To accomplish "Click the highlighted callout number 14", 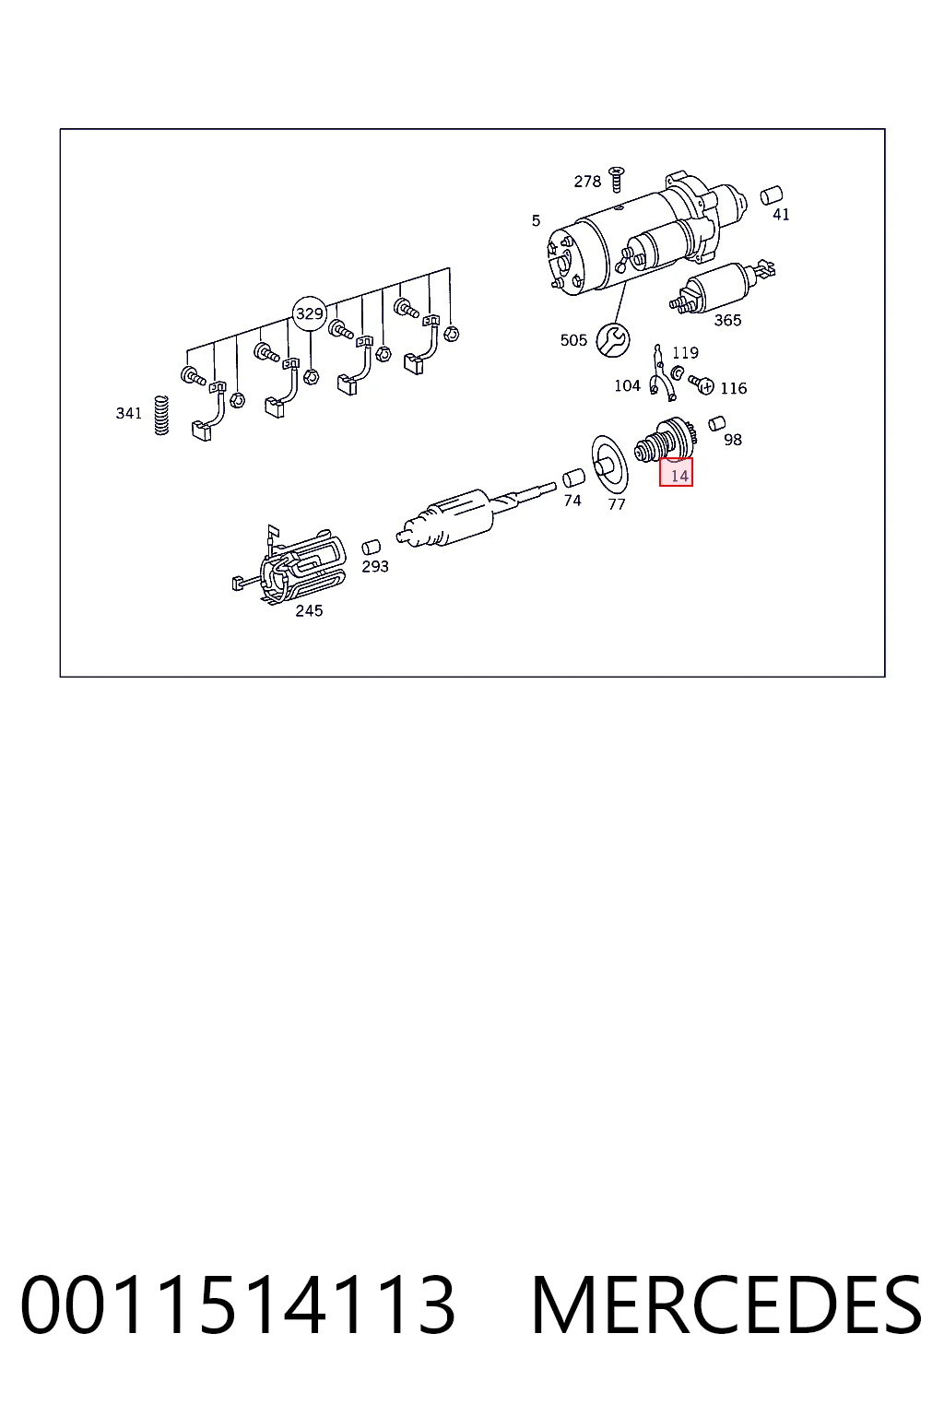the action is tap(676, 472).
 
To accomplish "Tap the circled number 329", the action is tap(309, 313).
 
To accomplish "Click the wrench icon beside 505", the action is tap(613, 339).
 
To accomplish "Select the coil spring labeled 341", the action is tap(162, 415).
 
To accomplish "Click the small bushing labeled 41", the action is tap(772, 195).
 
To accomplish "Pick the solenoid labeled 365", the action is tap(721, 288).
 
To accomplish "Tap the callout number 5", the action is tap(537, 220).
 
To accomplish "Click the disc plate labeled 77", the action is tap(610, 465).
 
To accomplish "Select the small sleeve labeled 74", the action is tap(573, 478).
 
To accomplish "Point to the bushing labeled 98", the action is tap(716, 423).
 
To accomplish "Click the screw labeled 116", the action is tap(702, 383).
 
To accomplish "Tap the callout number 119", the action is tap(685, 352).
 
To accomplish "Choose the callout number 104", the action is tap(627, 385).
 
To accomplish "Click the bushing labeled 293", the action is tap(372, 548).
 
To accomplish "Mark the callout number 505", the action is tap(573, 340).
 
